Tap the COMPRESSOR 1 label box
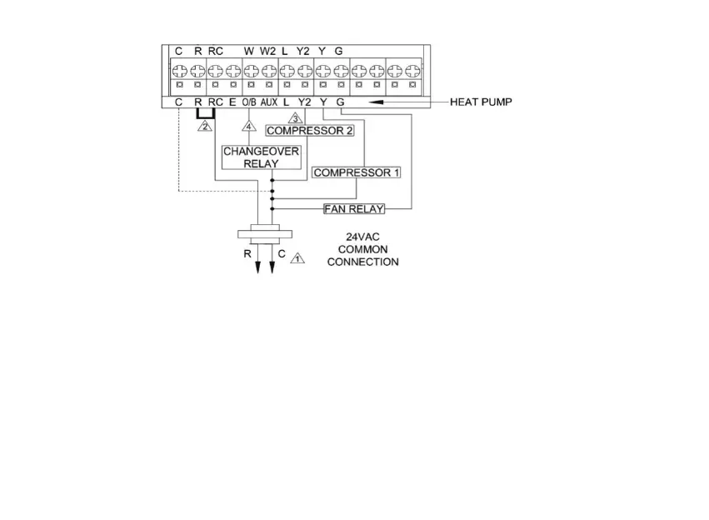[x=357, y=172]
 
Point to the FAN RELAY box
[x=354, y=208]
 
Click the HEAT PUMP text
[x=481, y=102]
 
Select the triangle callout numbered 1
[x=297, y=258]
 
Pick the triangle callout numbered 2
[x=203, y=127]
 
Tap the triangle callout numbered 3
[x=294, y=118]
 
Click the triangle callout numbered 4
[x=247, y=127]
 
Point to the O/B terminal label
[x=249, y=102]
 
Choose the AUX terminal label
[x=268, y=102]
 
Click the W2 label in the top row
[x=267, y=51]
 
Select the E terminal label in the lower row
[x=232, y=102]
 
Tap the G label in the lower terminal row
[x=340, y=102]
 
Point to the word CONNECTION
[x=362, y=262]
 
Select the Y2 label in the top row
[x=303, y=51]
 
